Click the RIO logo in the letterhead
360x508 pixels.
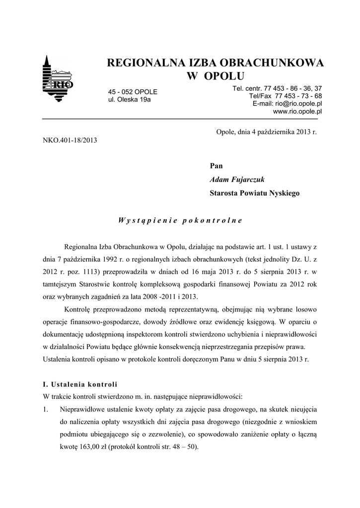pos(59,79)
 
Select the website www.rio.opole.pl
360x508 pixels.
pos(297,112)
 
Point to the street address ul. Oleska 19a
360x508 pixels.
pos(130,100)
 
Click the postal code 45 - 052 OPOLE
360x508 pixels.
pos(133,92)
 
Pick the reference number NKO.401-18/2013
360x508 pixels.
pos(71,140)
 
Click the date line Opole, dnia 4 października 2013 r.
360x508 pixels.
pos(266,131)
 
